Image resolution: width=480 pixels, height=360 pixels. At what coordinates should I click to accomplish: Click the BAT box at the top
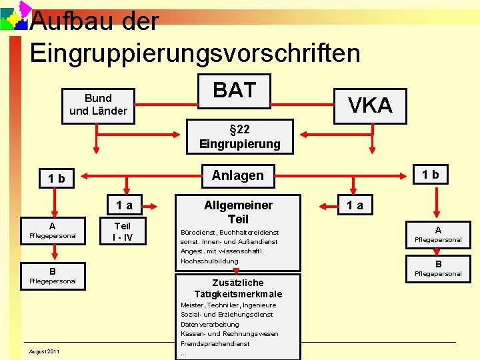(234, 90)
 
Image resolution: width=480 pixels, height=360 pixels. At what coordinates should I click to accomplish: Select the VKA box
(371, 105)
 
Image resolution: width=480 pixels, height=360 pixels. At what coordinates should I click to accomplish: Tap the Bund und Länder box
(98, 105)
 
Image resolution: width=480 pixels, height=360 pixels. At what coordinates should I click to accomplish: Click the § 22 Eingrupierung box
(239, 136)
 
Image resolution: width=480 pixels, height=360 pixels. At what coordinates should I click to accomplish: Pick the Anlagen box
(237, 175)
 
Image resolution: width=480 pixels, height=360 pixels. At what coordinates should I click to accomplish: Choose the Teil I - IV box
(123, 232)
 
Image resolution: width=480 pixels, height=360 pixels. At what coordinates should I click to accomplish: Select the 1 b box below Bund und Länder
(53, 178)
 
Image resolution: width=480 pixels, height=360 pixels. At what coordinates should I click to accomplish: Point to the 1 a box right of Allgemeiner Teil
(354, 205)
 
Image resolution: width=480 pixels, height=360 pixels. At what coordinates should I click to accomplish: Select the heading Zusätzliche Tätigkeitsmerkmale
(238, 288)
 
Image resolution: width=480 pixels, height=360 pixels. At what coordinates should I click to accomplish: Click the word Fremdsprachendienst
(215, 344)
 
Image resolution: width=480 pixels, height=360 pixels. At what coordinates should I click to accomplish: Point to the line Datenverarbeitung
(209, 325)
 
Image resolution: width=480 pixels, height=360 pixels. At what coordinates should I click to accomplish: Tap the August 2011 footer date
(44, 351)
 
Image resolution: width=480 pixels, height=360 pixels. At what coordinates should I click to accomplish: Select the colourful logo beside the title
(15, 17)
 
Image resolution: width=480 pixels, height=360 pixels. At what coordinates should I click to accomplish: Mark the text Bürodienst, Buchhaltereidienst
(229, 233)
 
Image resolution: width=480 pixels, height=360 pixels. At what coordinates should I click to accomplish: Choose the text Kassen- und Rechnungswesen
(229, 334)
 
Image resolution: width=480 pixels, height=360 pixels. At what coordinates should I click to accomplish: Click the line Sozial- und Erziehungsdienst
(227, 315)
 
